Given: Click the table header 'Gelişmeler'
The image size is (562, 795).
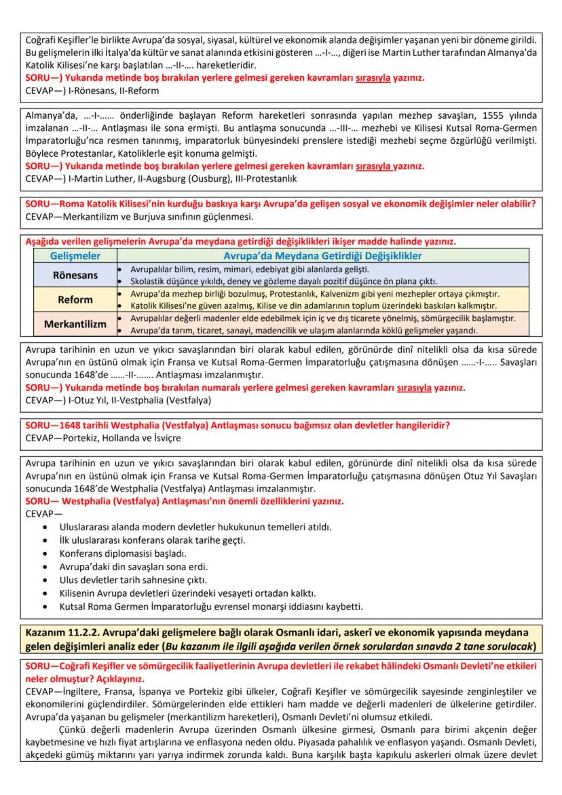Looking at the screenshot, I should [75, 256].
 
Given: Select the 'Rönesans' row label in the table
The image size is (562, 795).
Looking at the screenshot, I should [75, 275].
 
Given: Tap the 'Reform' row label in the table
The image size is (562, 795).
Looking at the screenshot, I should [75, 299].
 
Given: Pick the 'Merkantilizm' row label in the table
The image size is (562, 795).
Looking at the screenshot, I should [75, 324].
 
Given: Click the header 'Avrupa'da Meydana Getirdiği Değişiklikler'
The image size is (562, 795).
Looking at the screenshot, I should [322, 256].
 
